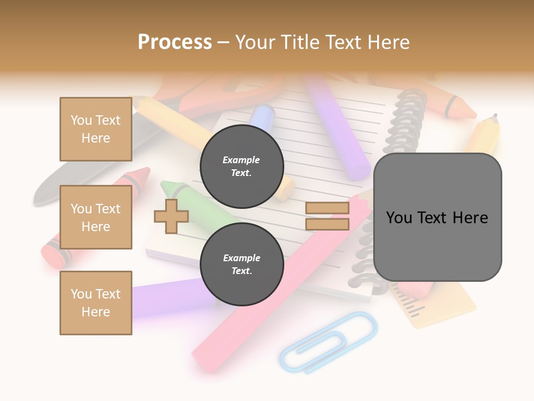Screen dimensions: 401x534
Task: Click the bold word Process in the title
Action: (175, 42)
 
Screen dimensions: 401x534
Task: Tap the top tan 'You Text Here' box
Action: (96, 129)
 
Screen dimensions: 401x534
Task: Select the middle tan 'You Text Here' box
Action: (96, 217)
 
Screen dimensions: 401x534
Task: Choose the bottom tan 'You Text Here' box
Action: (96, 303)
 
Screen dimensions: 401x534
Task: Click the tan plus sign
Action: (171, 216)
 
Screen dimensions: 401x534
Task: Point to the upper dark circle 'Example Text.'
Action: (241, 166)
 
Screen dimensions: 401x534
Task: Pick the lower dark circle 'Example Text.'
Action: (241, 264)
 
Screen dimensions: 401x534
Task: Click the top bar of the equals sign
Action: (327, 208)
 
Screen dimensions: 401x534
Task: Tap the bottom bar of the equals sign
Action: (327, 224)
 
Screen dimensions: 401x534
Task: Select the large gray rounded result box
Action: (437, 217)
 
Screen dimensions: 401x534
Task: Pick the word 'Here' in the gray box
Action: (470, 218)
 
